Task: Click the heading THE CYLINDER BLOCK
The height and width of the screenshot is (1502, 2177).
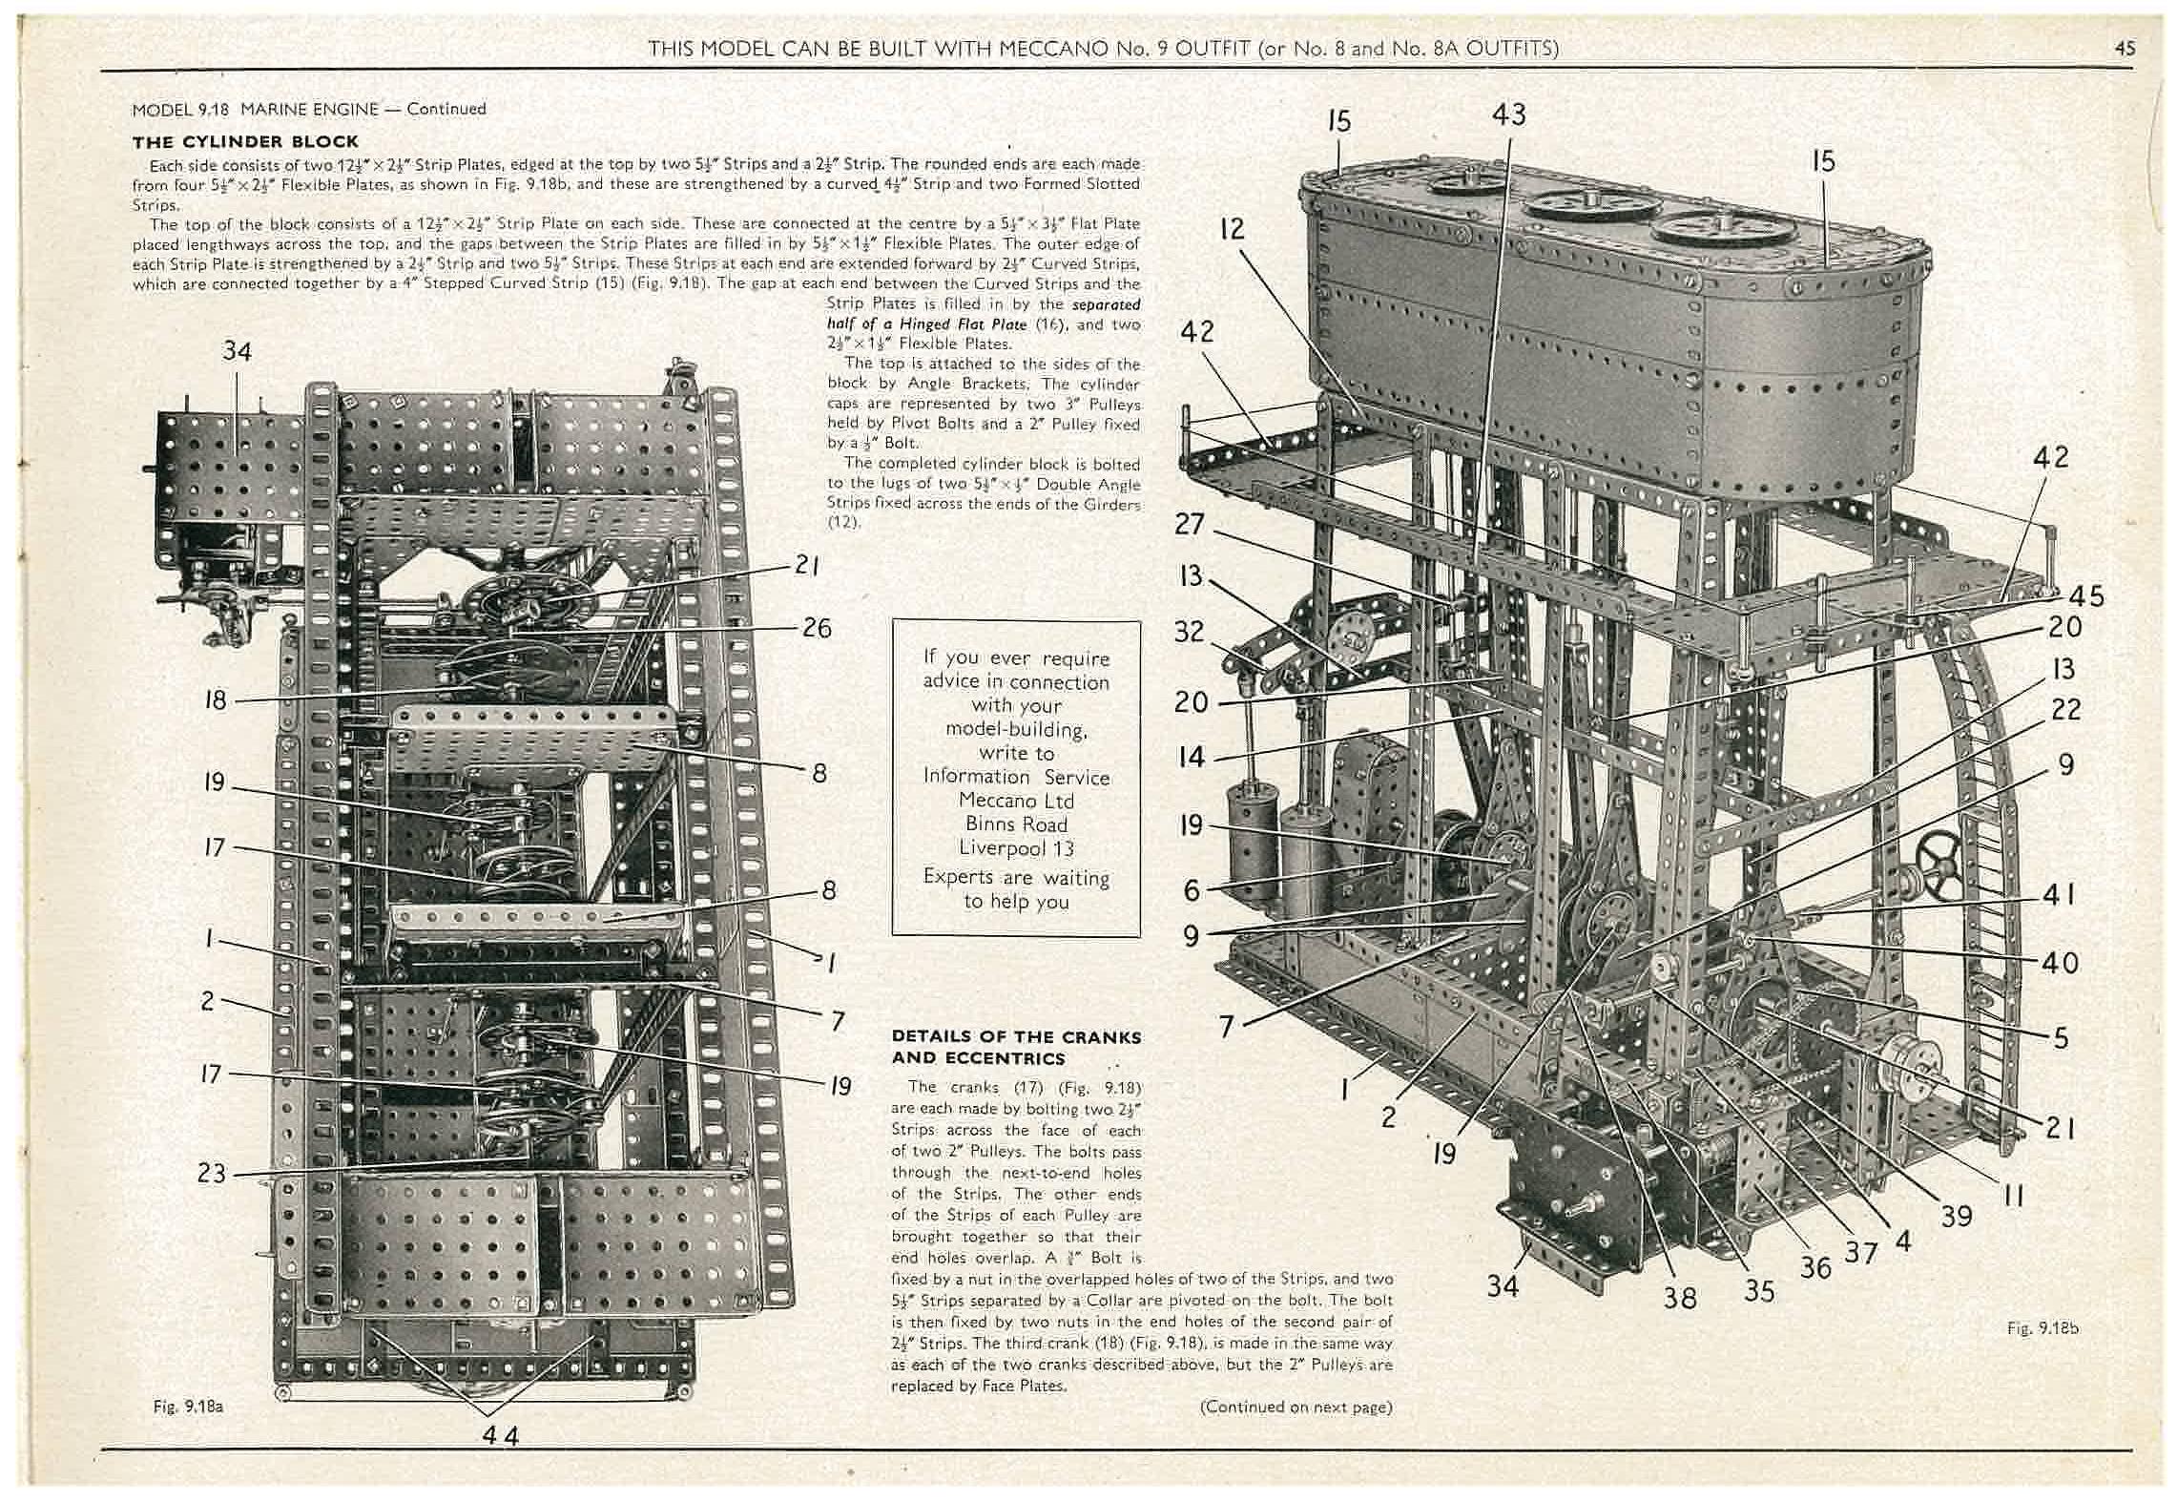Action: coord(245,142)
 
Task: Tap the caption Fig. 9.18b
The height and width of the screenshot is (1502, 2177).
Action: coord(2042,1327)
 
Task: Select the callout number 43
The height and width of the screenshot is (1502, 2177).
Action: coord(1508,115)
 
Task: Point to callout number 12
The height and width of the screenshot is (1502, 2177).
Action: coord(1232,229)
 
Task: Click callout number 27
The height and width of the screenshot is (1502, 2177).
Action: coord(1192,524)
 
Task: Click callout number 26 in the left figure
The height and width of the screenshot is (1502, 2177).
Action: coord(817,628)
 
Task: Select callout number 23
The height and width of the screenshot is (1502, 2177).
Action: coord(211,1173)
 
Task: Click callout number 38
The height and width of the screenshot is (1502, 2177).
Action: coord(1680,1298)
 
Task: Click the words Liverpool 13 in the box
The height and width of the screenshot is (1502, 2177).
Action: coord(1016,848)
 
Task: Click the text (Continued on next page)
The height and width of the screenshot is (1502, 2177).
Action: coord(1296,1407)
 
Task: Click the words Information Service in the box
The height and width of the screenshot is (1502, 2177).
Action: coord(1016,777)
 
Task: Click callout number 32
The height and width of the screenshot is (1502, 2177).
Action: coord(1189,632)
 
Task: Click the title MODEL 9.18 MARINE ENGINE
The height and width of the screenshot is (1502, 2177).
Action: coord(308,109)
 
